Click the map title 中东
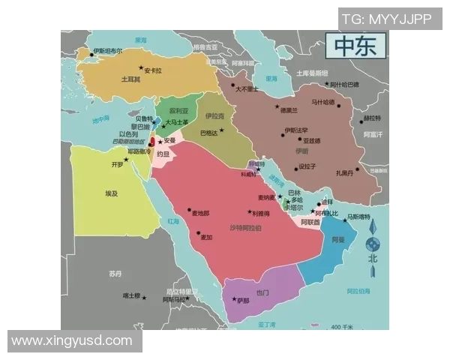point(355,46)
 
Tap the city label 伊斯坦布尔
point(108,51)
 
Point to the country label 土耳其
point(130,79)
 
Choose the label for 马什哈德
point(323,102)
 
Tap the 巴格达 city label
point(209,133)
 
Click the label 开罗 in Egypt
point(117,164)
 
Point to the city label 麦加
point(205,237)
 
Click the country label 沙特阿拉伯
point(245,226)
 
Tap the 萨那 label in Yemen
point(243,301)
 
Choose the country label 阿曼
point(337,240)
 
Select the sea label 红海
point(174,221)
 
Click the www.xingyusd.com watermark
point(72,341)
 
